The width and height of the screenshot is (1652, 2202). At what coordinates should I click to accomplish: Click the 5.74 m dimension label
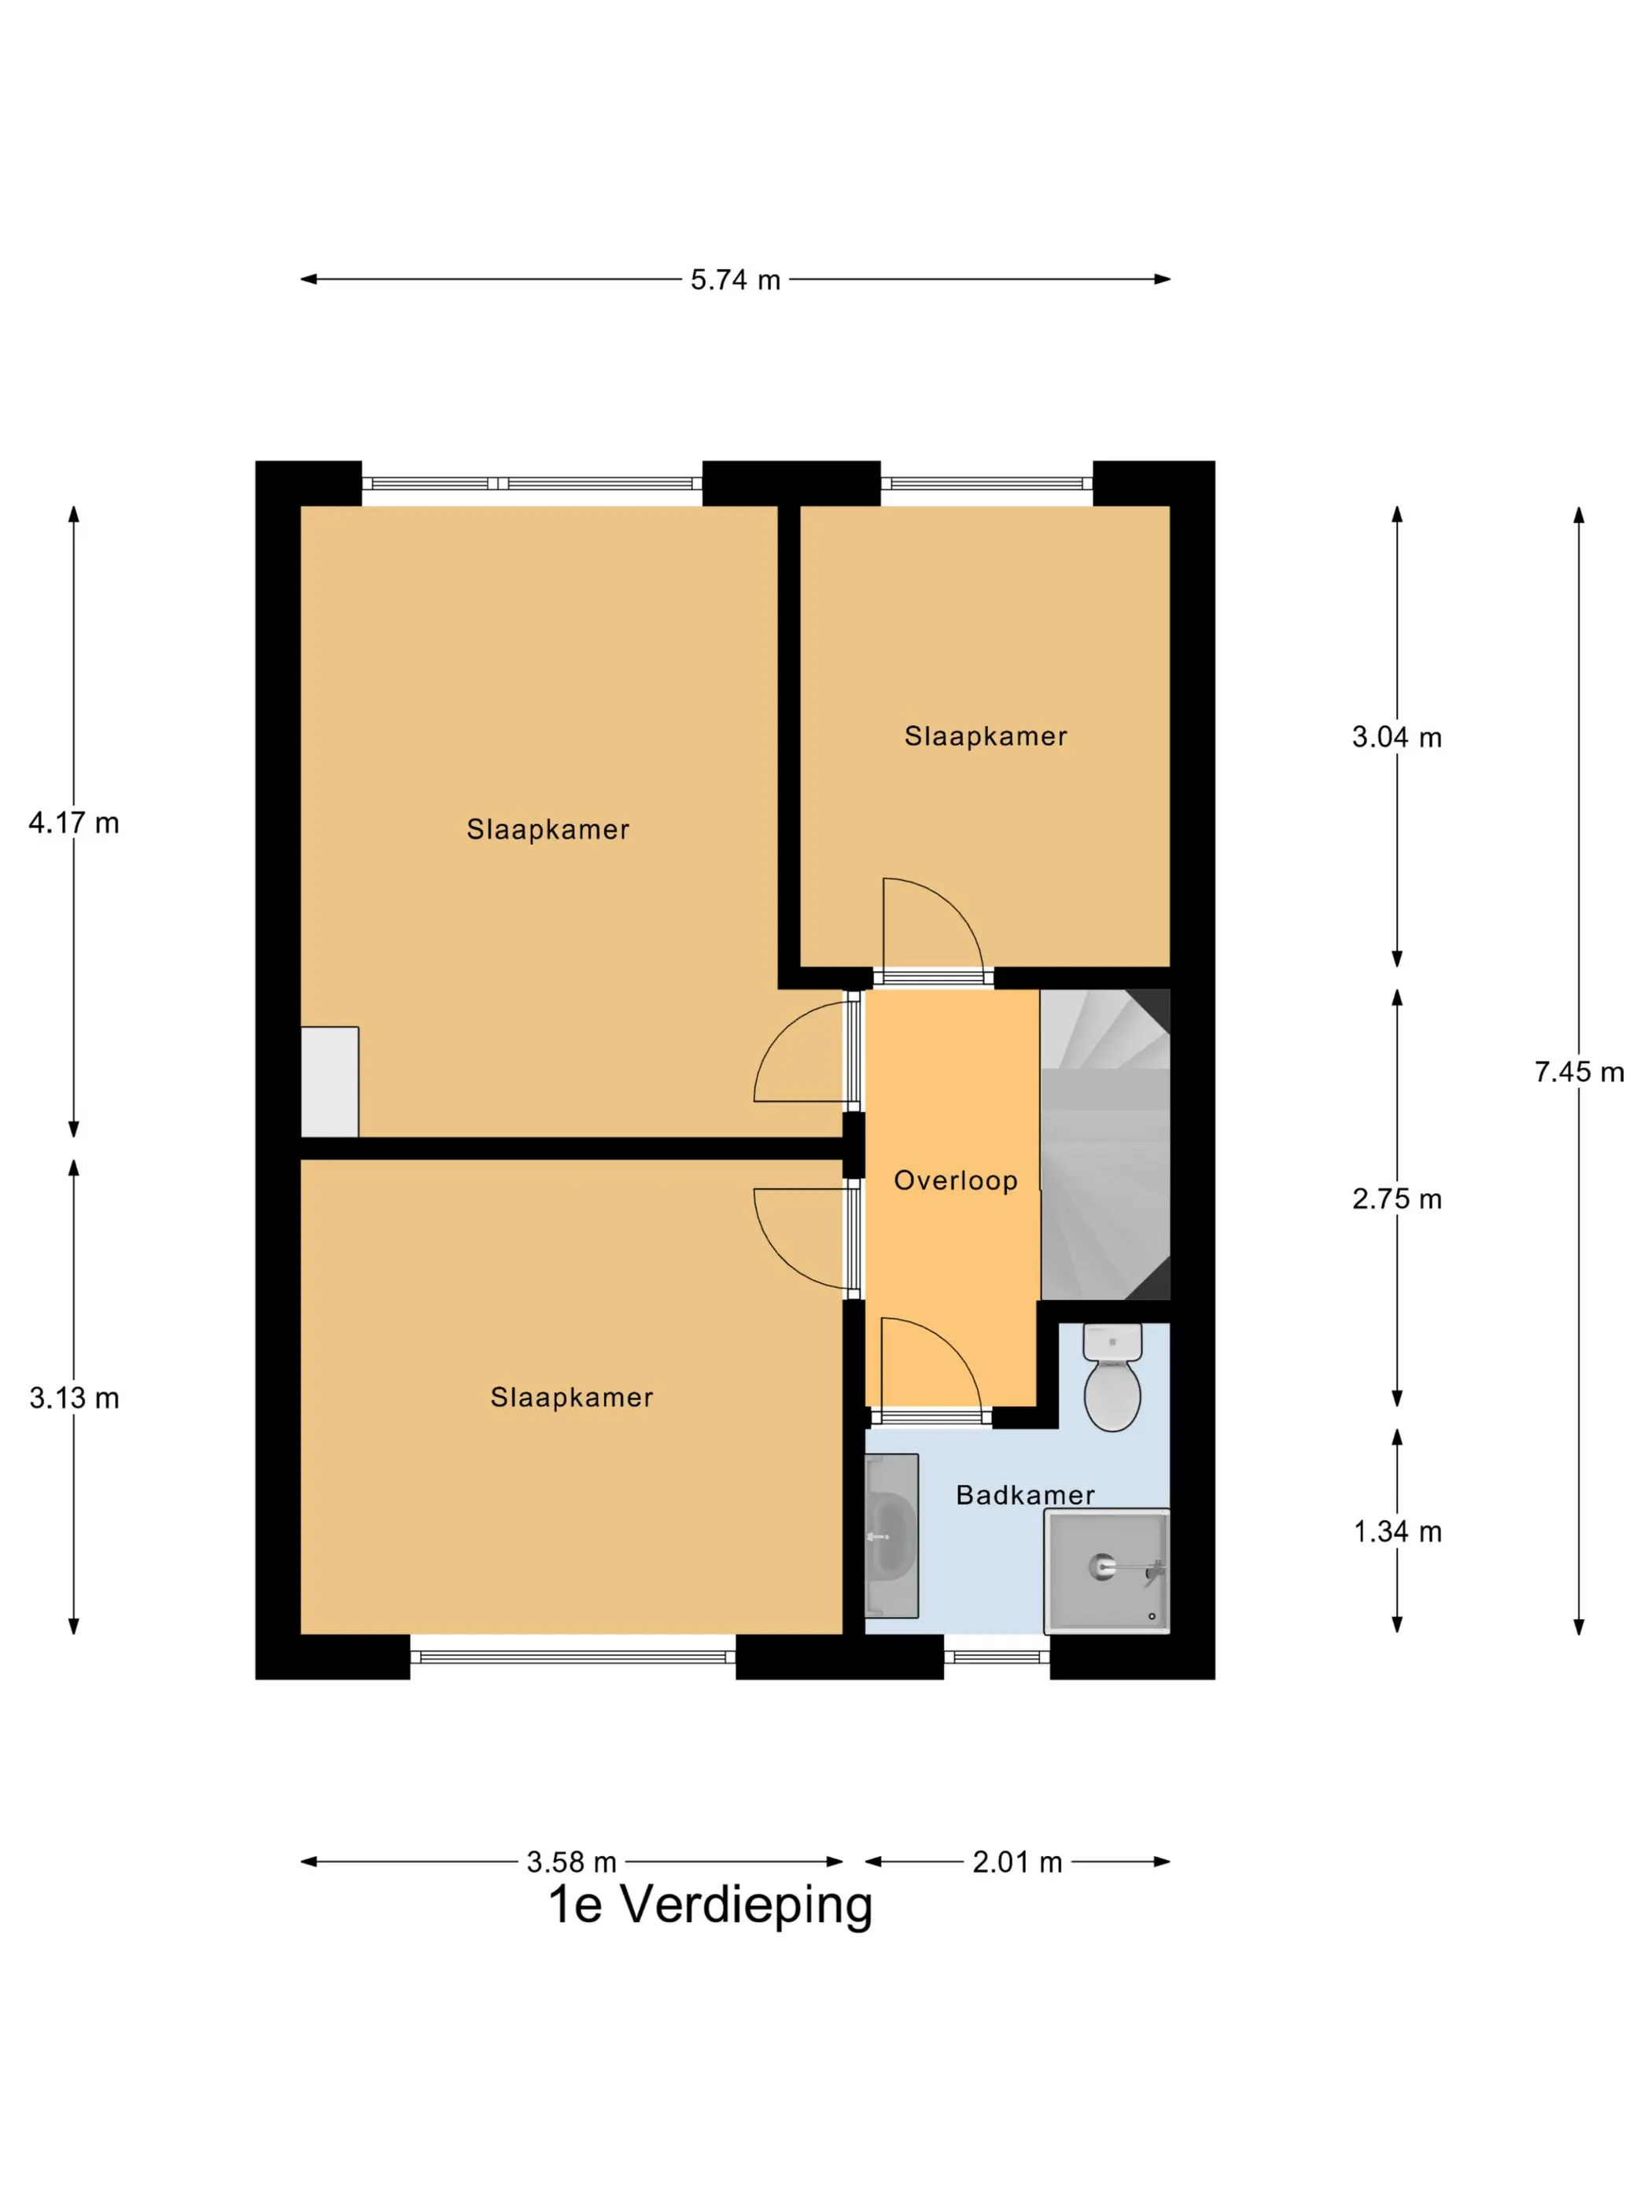[735, 280]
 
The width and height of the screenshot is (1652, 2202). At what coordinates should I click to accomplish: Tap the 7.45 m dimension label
[1578, 1072]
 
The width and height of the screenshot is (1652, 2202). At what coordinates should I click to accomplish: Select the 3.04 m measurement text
[1396, 738]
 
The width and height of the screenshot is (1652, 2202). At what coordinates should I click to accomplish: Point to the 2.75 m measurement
[1396, 1199]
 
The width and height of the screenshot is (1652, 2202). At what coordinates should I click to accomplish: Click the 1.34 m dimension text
[1397, 1532]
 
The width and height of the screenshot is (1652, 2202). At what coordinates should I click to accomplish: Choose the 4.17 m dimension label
[74, 823]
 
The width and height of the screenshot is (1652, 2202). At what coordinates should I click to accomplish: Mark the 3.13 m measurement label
[74, 1398]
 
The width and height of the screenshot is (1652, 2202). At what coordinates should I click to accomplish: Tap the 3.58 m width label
[572, 1861]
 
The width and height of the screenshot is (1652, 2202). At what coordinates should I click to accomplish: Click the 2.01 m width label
[1016, 1861]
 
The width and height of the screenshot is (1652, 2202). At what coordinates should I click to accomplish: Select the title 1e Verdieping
[710, 1905]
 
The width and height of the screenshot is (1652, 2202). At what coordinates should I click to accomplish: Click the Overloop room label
[955, 1180]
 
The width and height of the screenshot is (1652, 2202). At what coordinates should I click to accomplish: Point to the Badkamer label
[1025, 1495]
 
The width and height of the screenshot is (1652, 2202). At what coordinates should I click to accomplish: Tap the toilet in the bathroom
[1112, 1378]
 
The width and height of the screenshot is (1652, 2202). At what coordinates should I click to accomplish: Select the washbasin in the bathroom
[891, 1536]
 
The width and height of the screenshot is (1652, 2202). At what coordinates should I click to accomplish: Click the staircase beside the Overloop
[1105, 1145]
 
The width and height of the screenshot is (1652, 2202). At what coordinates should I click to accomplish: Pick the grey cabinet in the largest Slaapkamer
[330, 1082]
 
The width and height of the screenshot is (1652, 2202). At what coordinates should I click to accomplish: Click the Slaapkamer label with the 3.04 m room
[985, 737]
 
